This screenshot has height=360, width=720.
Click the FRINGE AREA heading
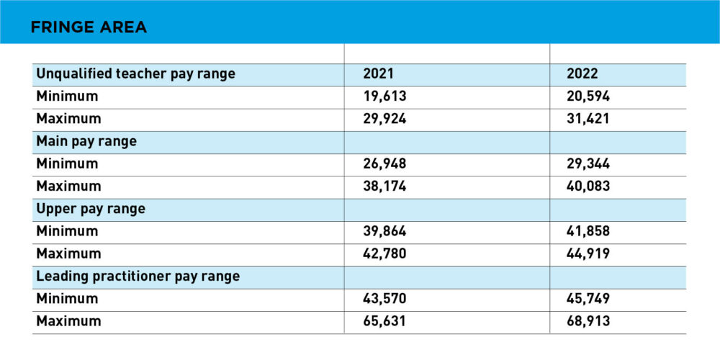click(89, 28)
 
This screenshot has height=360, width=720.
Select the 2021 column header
click(379, 73)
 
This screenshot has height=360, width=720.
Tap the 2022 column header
click(584, 73)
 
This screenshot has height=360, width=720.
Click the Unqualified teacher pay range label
click(136, 73)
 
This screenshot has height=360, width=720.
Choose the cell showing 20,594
click(590, 96)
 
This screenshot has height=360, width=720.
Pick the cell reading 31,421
click(589, 119)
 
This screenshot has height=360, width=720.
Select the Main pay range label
click(86, 141)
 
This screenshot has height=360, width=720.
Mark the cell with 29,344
click(590, 163)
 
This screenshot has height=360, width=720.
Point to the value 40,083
click(590, 186)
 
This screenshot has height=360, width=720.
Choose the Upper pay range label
click(91, 209)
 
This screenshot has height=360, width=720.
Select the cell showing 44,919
click(590, 253)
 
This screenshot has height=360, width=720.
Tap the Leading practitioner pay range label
click(138, 276)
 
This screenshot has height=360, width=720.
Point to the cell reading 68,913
click(590, 321)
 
